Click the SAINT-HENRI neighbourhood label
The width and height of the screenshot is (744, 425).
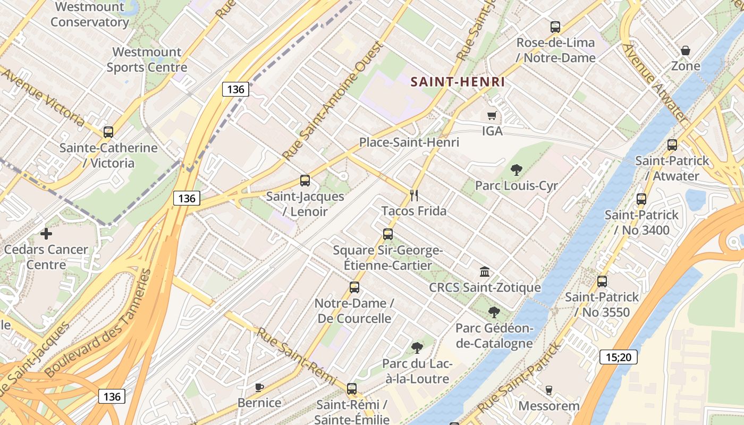458,82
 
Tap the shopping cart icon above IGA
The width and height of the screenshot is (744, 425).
492,115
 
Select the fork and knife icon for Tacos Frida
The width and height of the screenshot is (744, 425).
415,195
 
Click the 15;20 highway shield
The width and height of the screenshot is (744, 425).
619,357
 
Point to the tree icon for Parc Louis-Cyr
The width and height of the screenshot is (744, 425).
516,170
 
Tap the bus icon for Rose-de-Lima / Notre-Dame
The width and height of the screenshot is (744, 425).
555,27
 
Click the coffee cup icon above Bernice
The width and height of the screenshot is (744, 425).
259,387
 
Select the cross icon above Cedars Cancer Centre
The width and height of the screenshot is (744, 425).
46,233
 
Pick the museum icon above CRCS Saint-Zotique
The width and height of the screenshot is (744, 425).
485,272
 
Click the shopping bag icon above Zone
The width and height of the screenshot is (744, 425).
686,50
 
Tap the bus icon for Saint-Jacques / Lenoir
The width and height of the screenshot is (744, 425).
305,181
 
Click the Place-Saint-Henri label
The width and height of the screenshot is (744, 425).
409,142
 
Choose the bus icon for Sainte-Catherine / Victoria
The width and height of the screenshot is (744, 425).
108,132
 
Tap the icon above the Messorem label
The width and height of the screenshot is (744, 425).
549,390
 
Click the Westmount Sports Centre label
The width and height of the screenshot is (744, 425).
147,59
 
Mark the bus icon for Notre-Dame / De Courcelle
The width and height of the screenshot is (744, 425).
354,287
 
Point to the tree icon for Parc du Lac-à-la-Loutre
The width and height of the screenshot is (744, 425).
417,348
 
